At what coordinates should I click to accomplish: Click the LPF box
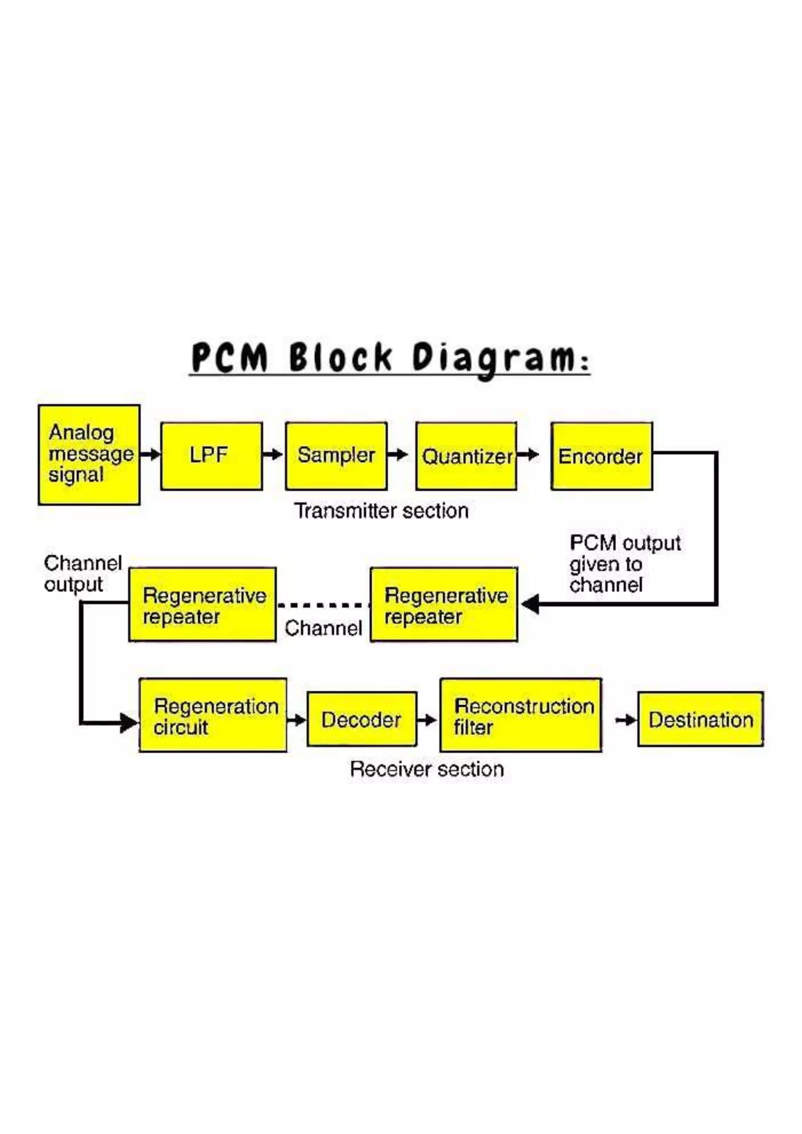211,456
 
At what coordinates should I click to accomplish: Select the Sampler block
336,456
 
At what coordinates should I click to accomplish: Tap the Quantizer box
466,456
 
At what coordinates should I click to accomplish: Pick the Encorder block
601,456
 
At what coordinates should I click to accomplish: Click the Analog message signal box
89,454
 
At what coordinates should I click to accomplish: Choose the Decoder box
362,719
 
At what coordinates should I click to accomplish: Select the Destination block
700,719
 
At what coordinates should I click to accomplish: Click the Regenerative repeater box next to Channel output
202,605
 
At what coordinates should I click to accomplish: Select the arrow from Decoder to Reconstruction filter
427,720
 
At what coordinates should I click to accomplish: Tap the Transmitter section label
381,511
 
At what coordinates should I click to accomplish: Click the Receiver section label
427,769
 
